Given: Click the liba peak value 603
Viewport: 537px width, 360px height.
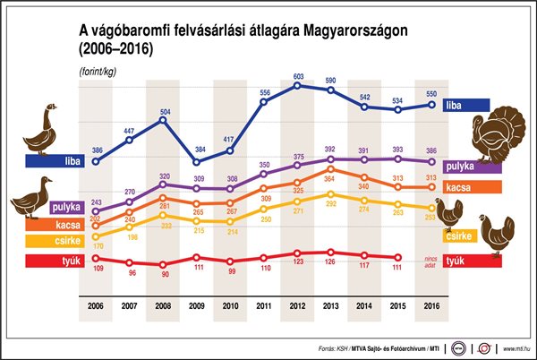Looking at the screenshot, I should tap(297, 77).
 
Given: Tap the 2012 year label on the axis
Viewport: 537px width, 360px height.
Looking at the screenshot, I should tap(297, 306).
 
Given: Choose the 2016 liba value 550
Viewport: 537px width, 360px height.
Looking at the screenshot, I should tap(431, 94).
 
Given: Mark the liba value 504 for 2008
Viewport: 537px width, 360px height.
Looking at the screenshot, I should tap(163, 113).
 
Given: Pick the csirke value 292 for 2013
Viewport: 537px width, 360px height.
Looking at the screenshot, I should tap(330, 205).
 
